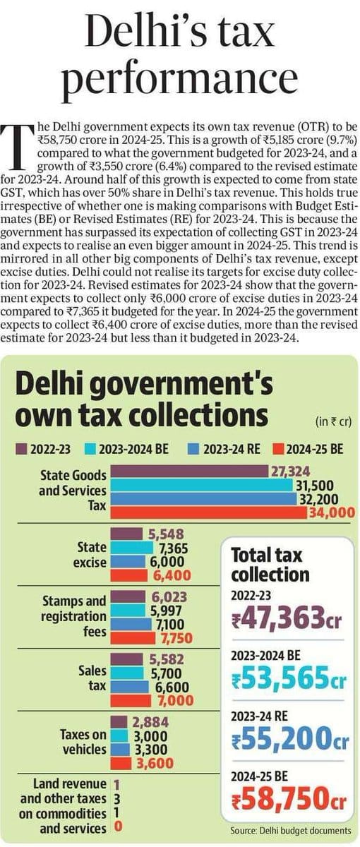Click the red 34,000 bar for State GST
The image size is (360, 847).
pyautogui.click(x=209, y=513)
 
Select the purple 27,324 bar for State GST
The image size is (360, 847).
pyautogui.click(x=189, y=471)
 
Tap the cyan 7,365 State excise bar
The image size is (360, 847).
pyautogui.click(x=131, y=548)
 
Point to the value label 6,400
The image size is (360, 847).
pyautogui.click(x=172, y=575)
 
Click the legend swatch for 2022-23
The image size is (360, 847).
pyautogui.click(x=21, y=450)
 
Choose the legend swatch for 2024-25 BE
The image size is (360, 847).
pyautogui.click(x=278, y=450)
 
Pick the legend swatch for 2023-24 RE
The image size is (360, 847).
pyautogui.click(x=193, y=450)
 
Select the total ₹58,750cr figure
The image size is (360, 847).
pyautogui.click(x=288, y=799)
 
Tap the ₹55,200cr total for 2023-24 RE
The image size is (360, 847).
pyautogui.click(x=289, y=740)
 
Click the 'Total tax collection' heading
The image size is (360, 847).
pyautogui.click(x=270, y=565)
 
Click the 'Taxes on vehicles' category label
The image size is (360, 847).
pyautogui.click(x=83, y=742)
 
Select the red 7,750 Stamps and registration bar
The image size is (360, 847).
pyautogui.click(x=133, y=638)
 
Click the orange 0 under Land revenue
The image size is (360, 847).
pyautogui.click(x=118, y=826)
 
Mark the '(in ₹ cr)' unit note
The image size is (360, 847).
pyautogui.click(x=333, y=421)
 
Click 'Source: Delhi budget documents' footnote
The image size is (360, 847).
pyautogui.click(x=290, y=831)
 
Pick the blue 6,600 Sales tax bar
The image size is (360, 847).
pyautogui.click(x=130, y=687)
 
